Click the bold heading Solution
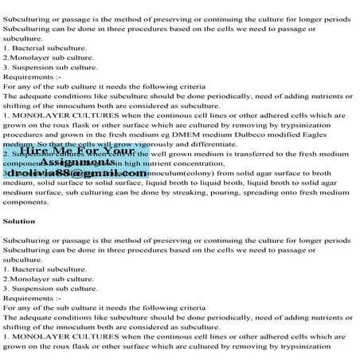click(x=19, y=221)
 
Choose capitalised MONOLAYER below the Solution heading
click(x=43, y=335)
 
